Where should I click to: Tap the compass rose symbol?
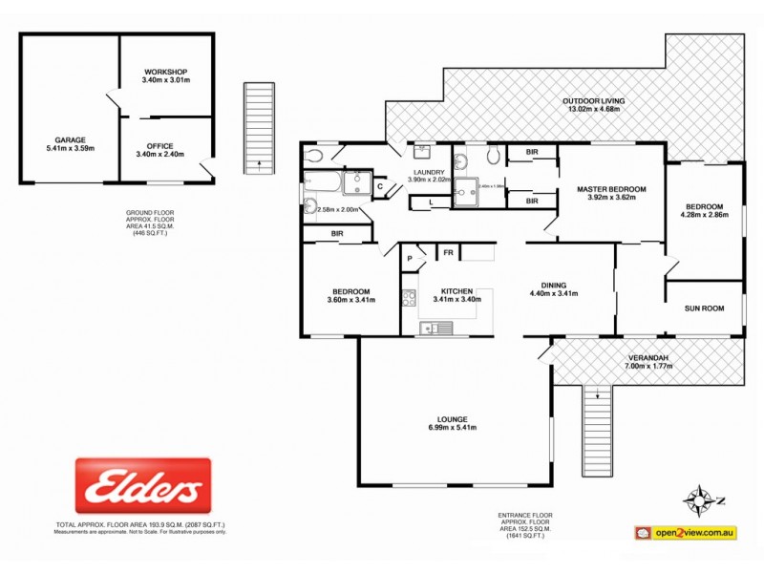(704, 499)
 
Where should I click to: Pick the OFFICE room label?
(160, 146)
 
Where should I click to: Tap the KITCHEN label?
(456, 291)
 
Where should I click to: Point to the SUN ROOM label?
(705, 308)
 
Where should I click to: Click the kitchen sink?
(437, 329)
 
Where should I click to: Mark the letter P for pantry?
(409, 258)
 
